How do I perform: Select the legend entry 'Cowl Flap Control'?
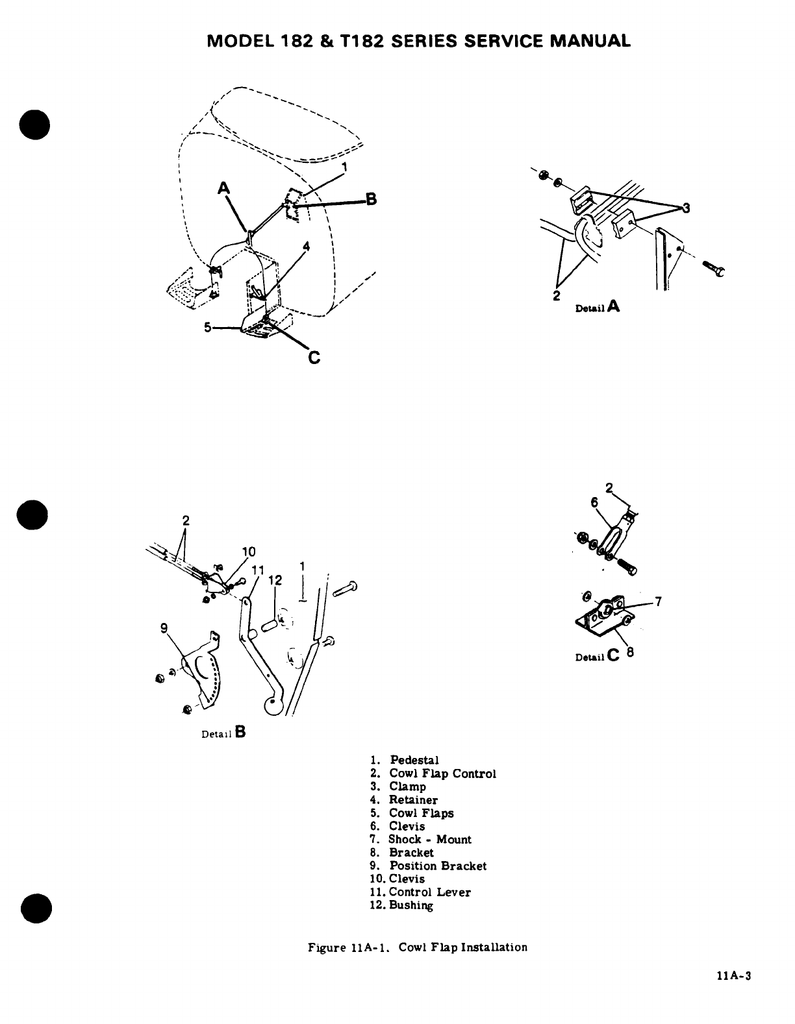pyautogui.click(x=442, y=774)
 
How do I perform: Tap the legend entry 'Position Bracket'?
pyautogui.click(x=437, y=866)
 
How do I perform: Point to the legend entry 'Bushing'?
pyautogui.click(x=410, y=905)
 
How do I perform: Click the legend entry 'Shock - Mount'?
pyautogui.click(x=429, y=839)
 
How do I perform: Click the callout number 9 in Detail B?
pyautogui.click(x=164, y=628)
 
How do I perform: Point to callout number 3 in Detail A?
pyautogui.click(x=685, y=209)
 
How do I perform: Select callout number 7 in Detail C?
pyautogui.click(x=658, y=602)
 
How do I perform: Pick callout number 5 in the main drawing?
pyautogui.click(x=207, y=328)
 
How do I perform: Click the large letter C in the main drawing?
pyautogui.click(x=314, y=358)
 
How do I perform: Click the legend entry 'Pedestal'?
pyautogui.click(x=414, y=760)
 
